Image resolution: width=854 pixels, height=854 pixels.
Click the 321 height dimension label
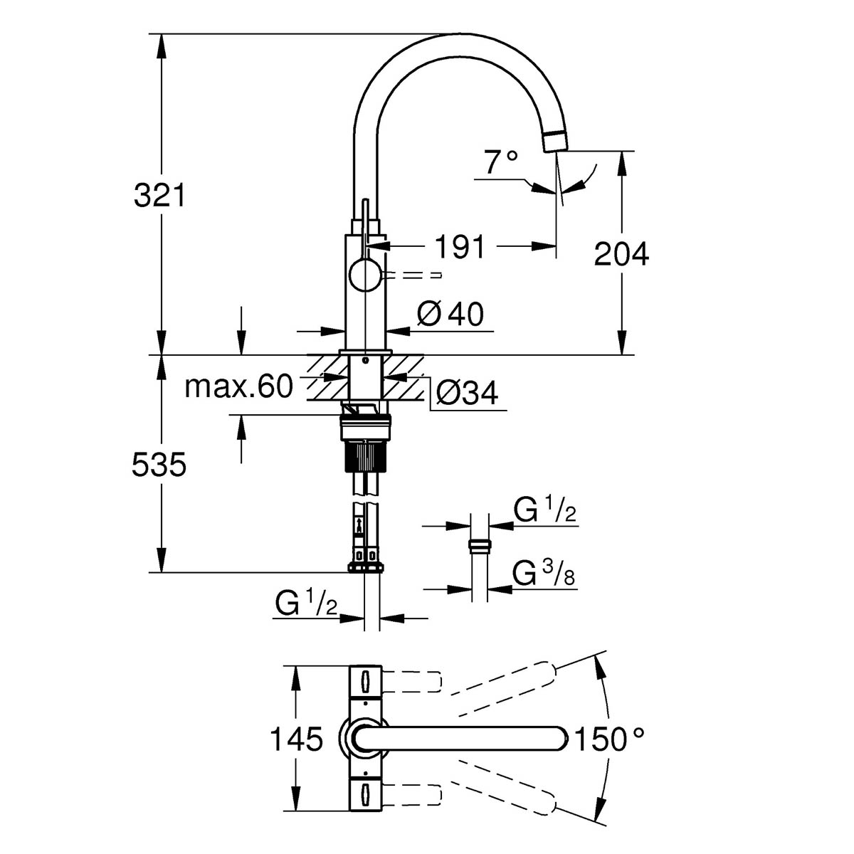pos(159,195)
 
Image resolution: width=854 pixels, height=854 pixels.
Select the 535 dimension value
pos(159,465)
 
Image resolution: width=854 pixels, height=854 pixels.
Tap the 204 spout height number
pos(621,254)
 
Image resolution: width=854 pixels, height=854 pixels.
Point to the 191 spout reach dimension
pos(460,247)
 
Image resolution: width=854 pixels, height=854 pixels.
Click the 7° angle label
pos(501,163)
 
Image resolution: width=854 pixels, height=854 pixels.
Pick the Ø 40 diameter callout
pos(450,314)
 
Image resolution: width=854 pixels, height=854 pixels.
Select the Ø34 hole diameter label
pos(467,392)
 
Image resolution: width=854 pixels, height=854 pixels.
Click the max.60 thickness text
pos(238,387)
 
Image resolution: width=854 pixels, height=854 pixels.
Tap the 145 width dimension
pos(296,739)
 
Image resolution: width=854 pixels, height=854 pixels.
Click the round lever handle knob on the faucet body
pos(365,275)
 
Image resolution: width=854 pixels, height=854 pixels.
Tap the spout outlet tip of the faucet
pos(555,140)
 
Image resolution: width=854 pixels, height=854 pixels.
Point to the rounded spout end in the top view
pos(555,739)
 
